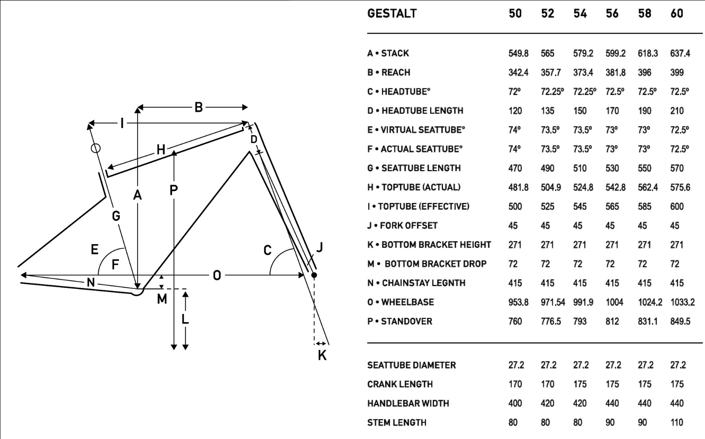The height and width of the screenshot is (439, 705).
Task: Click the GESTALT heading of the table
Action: click(392, 13)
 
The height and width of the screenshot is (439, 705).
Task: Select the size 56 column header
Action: click(612, 13)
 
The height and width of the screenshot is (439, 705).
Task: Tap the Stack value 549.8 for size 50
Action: click(518, 53)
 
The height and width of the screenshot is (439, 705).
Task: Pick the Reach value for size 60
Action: click(677, 72)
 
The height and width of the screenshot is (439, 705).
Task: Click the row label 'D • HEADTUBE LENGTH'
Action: click(415, 111)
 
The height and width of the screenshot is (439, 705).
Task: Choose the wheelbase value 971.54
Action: click(552, 302)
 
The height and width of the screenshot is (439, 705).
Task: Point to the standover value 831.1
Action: click(647, 321)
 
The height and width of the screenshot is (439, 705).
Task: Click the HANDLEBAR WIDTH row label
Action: click(408, 404)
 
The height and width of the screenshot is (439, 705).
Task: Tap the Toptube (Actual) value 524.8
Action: click(583, 187)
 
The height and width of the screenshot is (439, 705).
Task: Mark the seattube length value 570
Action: click(677, 168)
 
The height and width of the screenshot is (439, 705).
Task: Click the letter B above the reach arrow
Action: click(198, 107)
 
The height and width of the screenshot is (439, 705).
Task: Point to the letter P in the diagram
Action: click(173, 190)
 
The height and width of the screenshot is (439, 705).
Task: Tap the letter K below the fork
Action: click(322, 355)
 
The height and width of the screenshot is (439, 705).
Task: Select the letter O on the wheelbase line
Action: click(216, 275)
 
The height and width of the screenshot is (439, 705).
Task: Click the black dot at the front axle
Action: click(314, 275)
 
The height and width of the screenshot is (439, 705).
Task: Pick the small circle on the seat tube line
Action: click(96, 148)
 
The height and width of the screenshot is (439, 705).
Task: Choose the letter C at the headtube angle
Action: click(267, 251)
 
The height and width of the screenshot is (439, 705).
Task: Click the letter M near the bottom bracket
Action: click(162, 299)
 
